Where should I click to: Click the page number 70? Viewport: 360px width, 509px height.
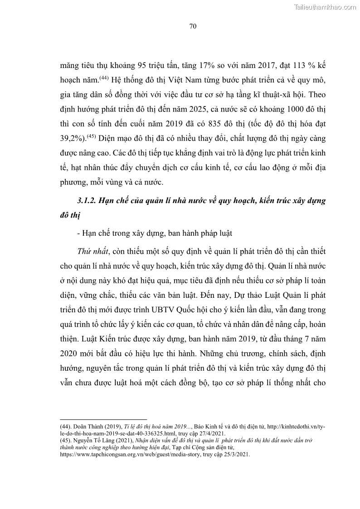click(192, 26)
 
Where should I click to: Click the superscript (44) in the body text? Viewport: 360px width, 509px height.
click(116, 78)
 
